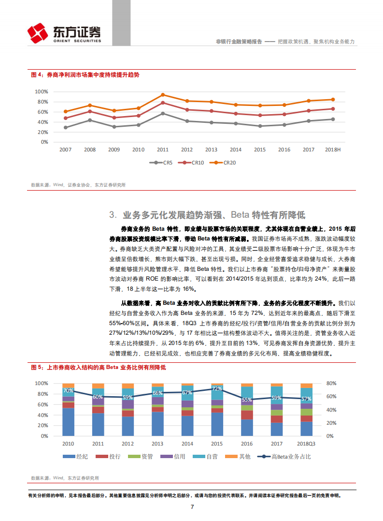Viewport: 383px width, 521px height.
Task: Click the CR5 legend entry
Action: pyautogui.click(x=163, y=163)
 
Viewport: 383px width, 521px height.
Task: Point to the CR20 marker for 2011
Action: pyautogui.click(x=163, y=95)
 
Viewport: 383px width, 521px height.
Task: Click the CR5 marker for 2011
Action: pyautogui.click(x=163, y=113)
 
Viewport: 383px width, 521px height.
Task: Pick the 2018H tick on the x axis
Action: pyautogui.click(x=333, y=150)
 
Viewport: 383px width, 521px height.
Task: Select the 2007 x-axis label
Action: pyautogui.click(x=65, y=150)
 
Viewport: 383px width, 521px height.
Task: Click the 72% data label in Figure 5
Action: pyautogui.click(x=217, y=388)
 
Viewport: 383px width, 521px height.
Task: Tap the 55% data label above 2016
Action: pyautogui.click(x=247, y=400)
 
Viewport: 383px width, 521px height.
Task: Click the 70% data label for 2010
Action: pyautogui.click(x=69, y=390)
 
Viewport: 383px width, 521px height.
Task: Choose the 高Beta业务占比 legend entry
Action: pyautogui.click(x=284, y=457)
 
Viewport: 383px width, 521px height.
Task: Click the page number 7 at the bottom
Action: pyautogui.click(x=192, y=507)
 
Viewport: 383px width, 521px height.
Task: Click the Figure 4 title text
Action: pyautogui.click(x=85, y=75)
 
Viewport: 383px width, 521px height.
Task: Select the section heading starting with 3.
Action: pyautogui.click(x=208, y=215)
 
